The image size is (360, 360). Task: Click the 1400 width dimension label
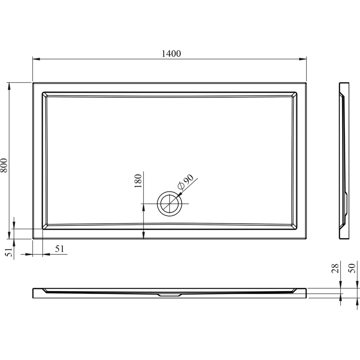pos(171,54)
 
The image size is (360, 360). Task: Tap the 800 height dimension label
pos(4,165)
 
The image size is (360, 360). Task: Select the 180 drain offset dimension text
pos(138,181)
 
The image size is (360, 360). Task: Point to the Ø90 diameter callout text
pos(186,182)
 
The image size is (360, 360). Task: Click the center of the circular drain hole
pos(170,204)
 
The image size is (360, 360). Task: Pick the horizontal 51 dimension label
pos(60,249)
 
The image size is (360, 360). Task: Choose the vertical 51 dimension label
pos(9,252)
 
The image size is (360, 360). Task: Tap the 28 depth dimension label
pos(335,268)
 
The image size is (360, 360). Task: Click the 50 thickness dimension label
pos(352,268)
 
